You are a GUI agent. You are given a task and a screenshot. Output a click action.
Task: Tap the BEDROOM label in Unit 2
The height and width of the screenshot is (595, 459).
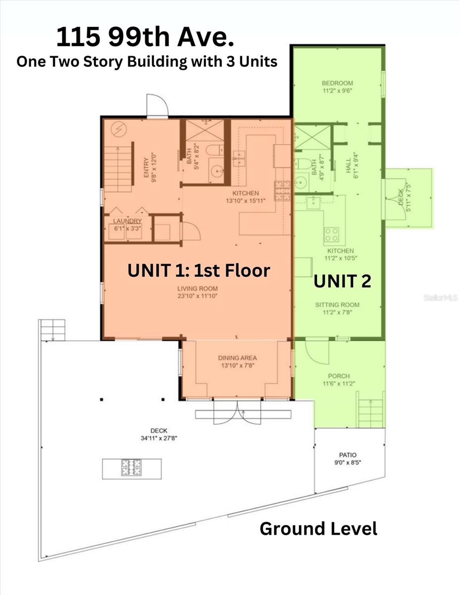coord(337,83)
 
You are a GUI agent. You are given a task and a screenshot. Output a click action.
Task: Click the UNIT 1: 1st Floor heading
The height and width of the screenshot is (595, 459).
coord(199,270)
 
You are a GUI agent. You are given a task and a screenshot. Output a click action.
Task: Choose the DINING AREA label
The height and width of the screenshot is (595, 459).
coord(237,358)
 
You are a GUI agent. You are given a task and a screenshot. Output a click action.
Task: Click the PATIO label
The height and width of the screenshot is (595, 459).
coord(348,455)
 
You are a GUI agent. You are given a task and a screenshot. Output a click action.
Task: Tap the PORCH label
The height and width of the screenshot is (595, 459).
coord(338,376)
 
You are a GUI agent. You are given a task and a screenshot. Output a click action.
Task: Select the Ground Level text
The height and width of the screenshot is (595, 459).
coord(318,529)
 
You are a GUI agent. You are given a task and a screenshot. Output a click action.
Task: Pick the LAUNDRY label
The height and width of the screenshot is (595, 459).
coord(127,221)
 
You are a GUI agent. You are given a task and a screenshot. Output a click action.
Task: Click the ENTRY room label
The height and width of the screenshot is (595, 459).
coord(147,168)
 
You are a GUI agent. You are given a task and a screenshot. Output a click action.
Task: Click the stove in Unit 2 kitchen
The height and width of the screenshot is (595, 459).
coord(332,234)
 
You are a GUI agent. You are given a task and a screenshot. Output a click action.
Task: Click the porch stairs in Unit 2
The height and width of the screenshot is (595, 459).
coord(371,413)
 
